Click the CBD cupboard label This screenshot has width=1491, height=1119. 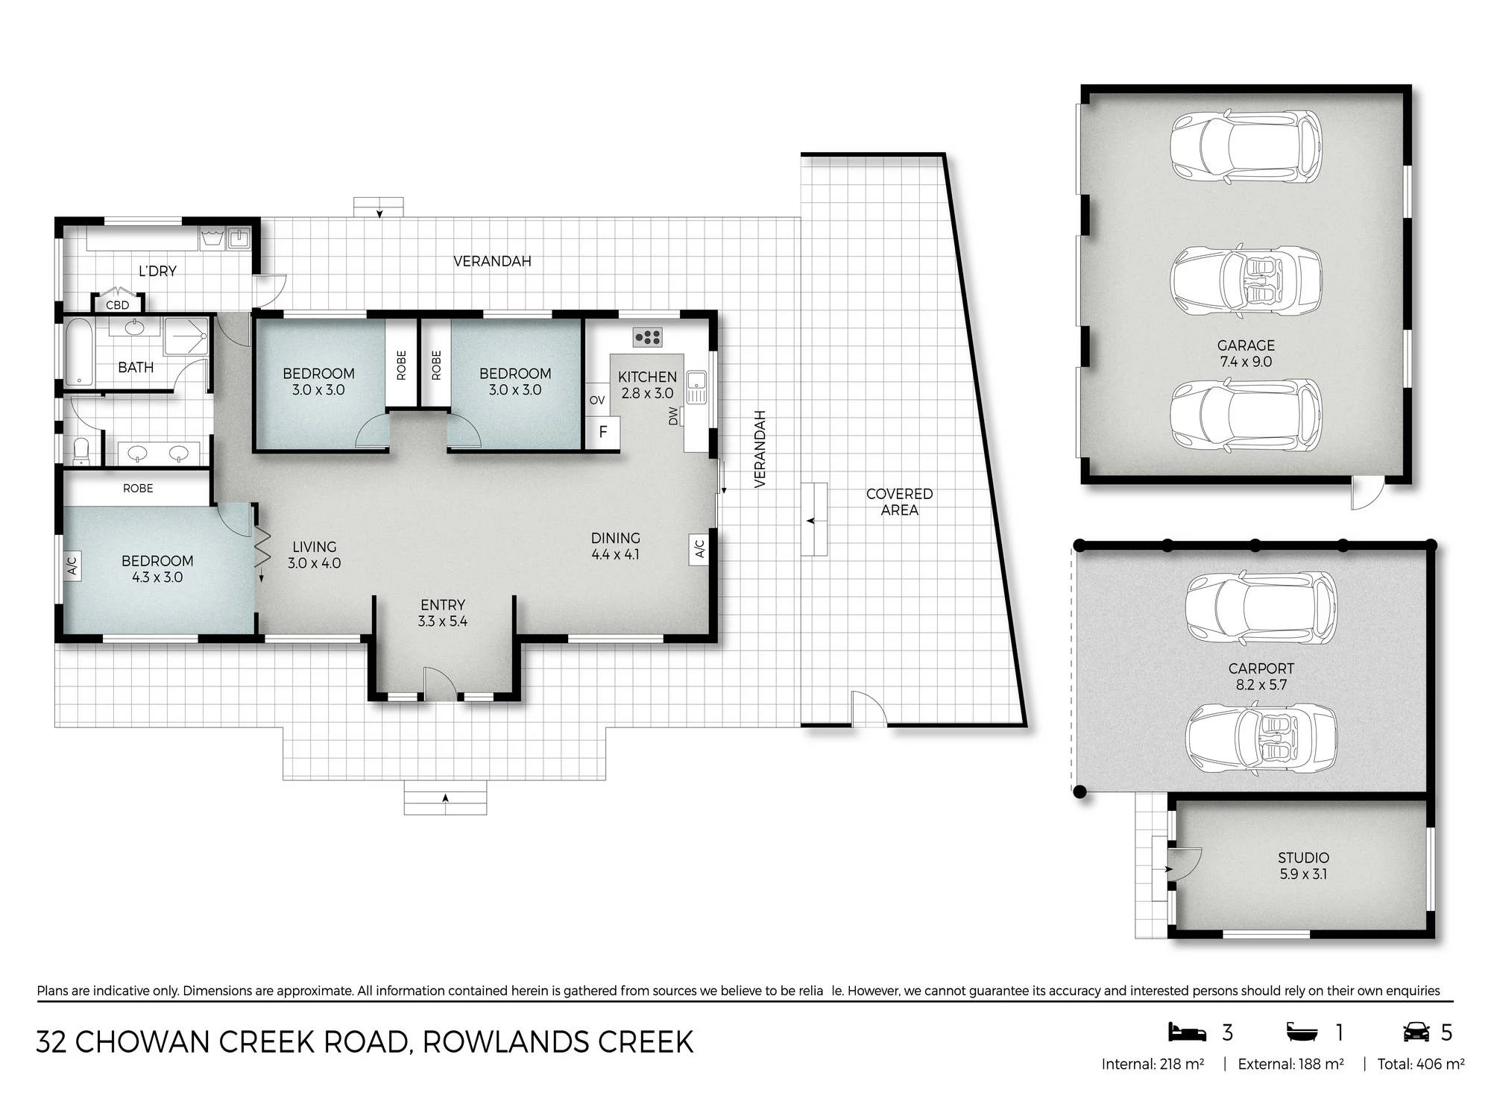coord(117,305)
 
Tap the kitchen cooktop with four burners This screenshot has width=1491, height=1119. coord(648,337)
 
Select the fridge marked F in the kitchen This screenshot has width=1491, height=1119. coord(603,432)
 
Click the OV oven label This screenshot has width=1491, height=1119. coord(597,401)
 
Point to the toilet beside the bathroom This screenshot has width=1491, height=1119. coord(81,451)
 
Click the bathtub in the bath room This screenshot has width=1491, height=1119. coord(78,352)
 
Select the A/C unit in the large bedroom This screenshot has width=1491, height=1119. coord(72,565)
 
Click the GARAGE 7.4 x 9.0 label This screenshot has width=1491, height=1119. coord(1246,354)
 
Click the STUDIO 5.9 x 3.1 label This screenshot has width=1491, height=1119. coord(1303,866)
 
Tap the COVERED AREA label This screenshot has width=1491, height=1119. coord(899,502)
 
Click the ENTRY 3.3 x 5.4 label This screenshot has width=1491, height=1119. coord(443,613)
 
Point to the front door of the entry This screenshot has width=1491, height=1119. coord(440,683)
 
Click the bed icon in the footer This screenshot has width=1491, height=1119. coord(1187,1032)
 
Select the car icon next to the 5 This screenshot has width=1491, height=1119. coord(1416,1032)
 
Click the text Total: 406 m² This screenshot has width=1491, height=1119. coord(1421,1065)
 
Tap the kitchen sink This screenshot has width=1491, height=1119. coord(696,386)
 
